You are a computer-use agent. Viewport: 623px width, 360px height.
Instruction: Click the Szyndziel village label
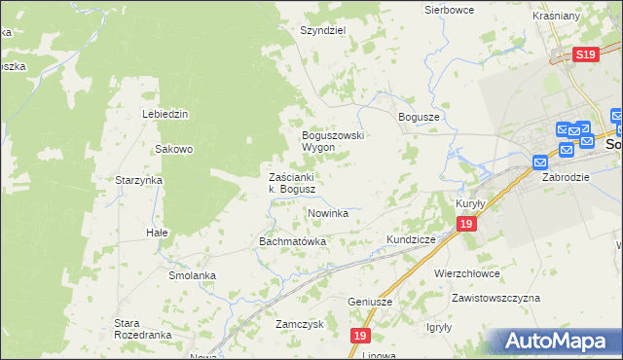[324, 30]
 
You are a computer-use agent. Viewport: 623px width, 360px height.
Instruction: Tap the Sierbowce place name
[448, 10]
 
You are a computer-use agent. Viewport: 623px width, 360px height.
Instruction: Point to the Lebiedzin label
[165, 114]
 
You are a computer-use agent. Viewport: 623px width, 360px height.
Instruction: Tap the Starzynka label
[138, 180]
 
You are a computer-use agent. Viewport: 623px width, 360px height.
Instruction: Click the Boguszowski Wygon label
[332, 141]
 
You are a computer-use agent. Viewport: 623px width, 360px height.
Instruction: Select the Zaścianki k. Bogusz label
[291, 183]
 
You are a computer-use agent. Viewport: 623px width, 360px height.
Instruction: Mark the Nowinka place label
[328, 212]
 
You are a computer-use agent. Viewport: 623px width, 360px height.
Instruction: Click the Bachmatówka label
[291, 240]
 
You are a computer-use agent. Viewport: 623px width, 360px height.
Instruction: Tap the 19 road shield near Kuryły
[467, 225]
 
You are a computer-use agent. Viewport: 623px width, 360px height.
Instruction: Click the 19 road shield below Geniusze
[361, 336]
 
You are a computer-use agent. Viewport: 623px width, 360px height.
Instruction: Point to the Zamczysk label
[299, 324]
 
